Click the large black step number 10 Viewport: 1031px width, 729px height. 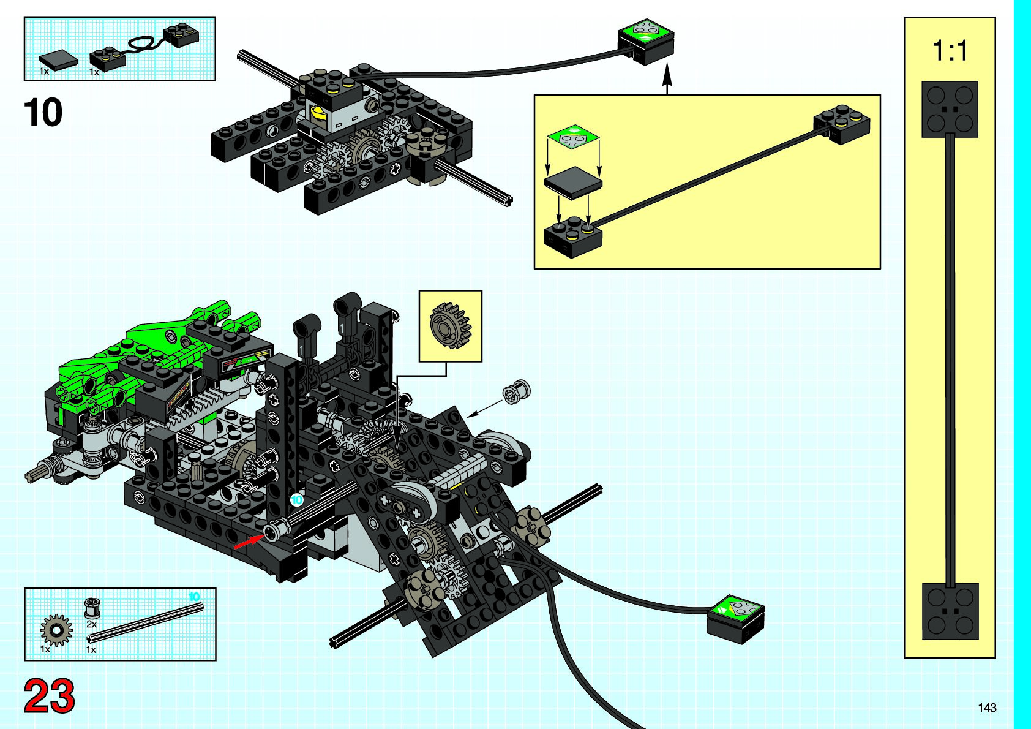pyautogui.click(x=43, y=113)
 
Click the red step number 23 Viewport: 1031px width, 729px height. pyautogui.click(x=49, y=696)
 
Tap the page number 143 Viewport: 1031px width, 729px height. pyautogui.click(x=987, y=708)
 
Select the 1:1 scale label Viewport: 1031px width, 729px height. pyautogui.click(x=950, y=50)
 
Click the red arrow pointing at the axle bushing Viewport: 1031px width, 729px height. pyautogui.click(x=247, y=542)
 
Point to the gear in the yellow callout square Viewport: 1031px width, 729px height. pyautogui.click(x=451, y=325)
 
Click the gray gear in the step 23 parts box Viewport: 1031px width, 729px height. pyautogui.click(x=56, y=630)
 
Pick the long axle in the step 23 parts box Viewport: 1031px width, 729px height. pyautogui.click(x=147, y=622)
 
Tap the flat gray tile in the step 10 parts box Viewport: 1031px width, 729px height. pyautogui.click(x=59, y=60)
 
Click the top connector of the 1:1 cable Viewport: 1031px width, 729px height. pyautogui.click(x=950, y=109)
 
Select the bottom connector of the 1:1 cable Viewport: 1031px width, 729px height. pyautogui.click(x=950, y=611)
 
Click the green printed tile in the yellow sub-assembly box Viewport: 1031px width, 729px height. pyautogui.click(x=573, y=137)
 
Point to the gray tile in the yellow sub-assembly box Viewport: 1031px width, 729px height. pyautogui.click(x=573, y=183)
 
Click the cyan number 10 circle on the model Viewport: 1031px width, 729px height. pyautogui.click(x=297, y=500)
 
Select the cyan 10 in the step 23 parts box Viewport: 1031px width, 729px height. pyautogui.click(x=193, y=597)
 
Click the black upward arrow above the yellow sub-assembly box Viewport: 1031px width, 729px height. pyautogui.click(x=667, y=79)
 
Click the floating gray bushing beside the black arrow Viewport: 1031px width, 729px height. pyautogui.click(x=517, y=391)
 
